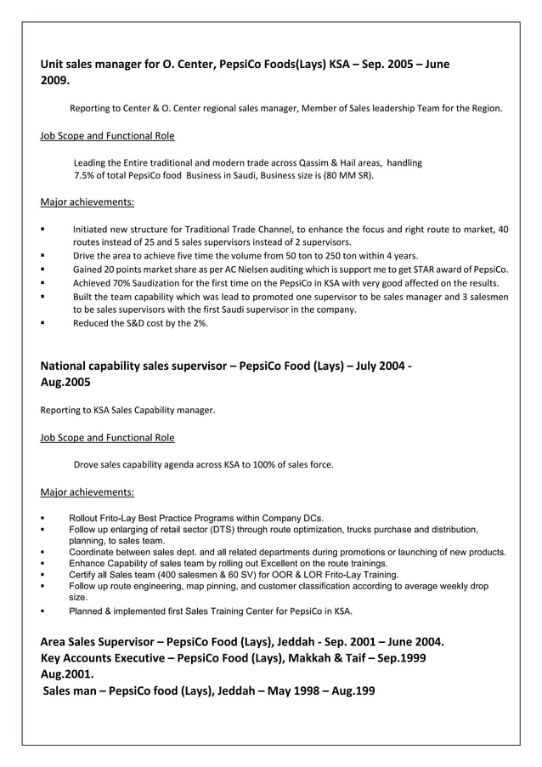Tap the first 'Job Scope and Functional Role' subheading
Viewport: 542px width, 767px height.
point(107,135)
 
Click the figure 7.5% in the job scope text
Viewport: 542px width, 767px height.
point(88,176)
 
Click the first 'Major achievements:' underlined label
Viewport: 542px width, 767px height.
point(87,202)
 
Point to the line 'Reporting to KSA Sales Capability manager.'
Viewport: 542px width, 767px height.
point(127,411)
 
